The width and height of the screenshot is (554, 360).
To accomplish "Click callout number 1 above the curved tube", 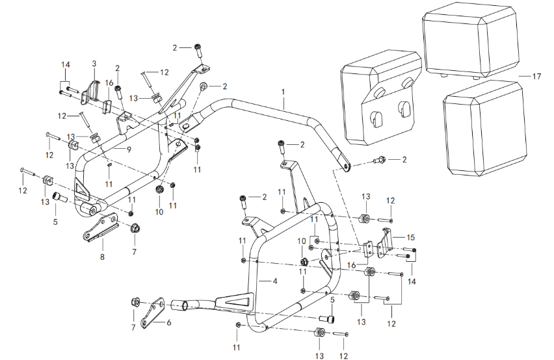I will [284, 92].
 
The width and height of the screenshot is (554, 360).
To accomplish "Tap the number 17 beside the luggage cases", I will [536, 77].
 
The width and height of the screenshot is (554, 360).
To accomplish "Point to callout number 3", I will [94, 64].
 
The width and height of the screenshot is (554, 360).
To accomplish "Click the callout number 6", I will [169, 321].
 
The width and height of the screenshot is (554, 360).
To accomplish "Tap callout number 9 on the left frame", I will [129, 149].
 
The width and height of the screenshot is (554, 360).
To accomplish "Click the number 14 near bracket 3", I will [65, 64].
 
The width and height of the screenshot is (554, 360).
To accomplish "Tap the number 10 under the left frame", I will [159, 212].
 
